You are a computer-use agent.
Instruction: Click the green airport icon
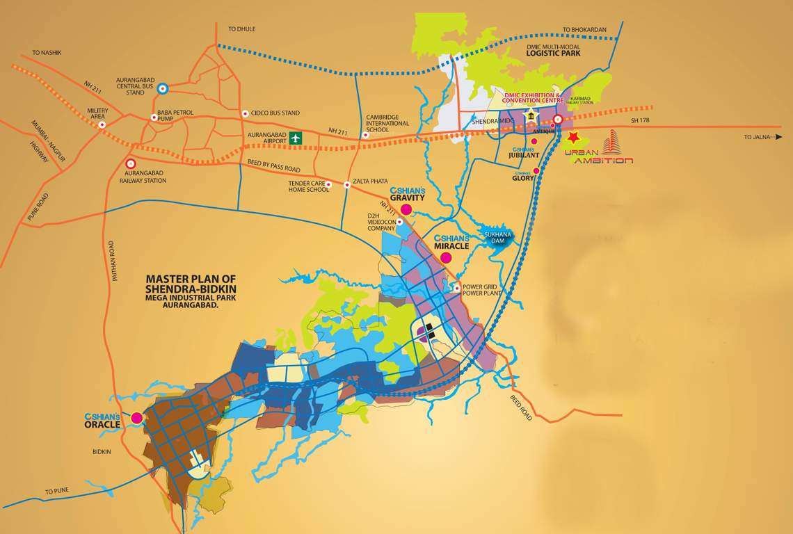(296, 138)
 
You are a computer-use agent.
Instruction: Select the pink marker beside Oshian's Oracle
(137, 418)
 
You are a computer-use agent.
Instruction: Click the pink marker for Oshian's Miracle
(446, 258)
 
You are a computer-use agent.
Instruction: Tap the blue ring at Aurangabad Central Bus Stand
(162, 88)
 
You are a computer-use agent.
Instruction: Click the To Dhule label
(242, 29)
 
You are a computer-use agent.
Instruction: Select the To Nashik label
(47, 52)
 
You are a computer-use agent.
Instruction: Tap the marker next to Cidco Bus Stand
(245, 113)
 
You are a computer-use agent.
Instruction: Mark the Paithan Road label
(111, 261)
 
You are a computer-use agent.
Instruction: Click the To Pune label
(58, 492)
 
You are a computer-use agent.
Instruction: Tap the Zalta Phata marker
(346, 185)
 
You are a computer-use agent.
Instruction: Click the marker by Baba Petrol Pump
(154, 118)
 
